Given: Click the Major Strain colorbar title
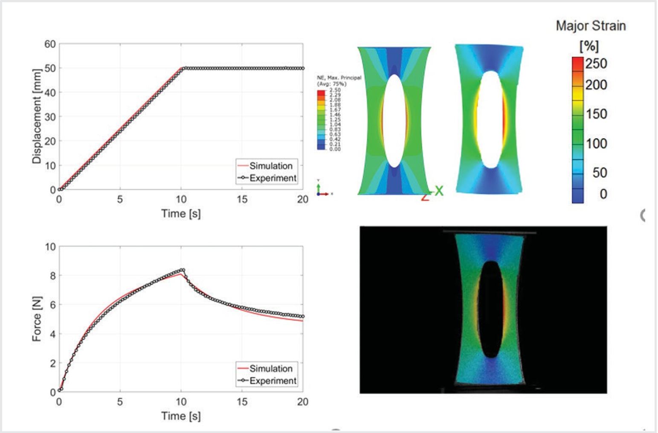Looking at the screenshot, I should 591,26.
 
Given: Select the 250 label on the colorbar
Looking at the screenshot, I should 596,64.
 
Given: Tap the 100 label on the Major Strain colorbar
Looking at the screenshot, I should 596,144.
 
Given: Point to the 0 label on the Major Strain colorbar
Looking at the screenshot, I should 603,194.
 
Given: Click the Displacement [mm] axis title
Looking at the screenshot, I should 37,116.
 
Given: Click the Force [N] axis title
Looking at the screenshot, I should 37,319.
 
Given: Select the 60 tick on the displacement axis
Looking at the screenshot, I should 50,44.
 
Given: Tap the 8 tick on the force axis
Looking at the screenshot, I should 52,276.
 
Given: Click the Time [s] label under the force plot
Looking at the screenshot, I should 181,416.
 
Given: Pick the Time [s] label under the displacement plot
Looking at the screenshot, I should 181,214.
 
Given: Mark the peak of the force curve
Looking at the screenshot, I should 182,270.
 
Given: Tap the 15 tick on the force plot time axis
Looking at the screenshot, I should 242,401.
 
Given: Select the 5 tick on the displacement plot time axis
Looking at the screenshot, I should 120,199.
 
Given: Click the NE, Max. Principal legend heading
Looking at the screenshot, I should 339,78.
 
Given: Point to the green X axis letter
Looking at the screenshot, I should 439,191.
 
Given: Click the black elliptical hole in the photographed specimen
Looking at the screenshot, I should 492,309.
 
